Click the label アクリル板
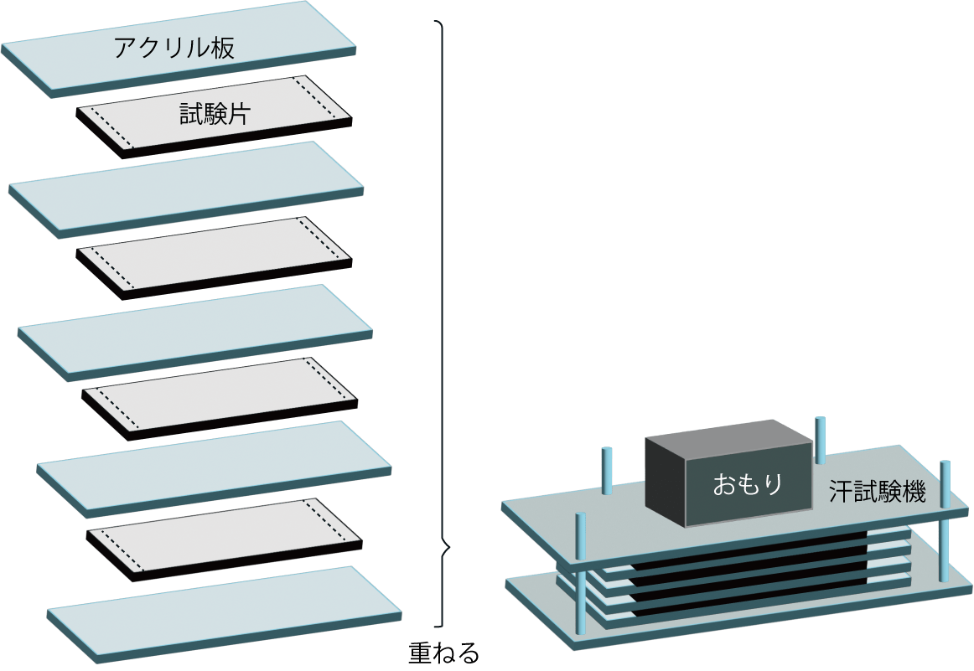tap(174, 47)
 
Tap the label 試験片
tap(215, 113)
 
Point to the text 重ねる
tap(444, 653)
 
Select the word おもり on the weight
tap(748, 484)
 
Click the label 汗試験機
tap(878, 492)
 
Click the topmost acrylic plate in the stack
tap(179, 49)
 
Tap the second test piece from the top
tap(215, 258)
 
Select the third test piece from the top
tap(220, 399)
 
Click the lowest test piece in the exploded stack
tap(225, 539)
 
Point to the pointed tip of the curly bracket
tap(450, 547)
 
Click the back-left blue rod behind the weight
tap(607, 471)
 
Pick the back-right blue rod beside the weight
tap(821, 440)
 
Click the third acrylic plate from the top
tap(195, 332)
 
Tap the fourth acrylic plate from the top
tap(214, 469)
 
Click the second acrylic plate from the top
tap(186, 189)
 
